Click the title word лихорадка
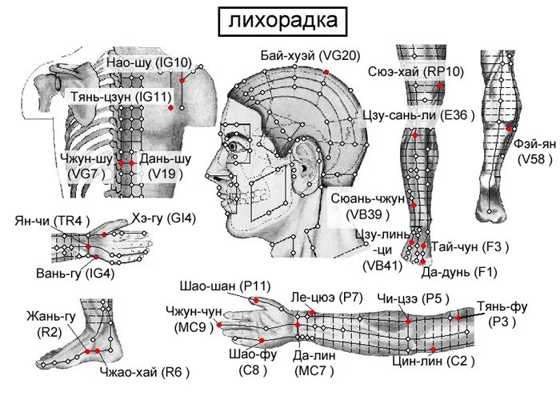tap(283, 19)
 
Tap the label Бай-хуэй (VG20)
tap(310, 56)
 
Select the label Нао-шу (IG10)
tap(149, 62)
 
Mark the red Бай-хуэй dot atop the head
tap(326, 71)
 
